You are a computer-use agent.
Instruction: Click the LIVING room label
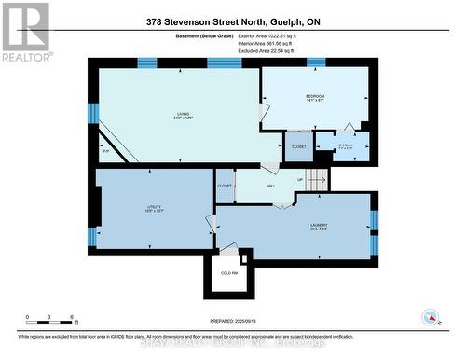coord(183,115)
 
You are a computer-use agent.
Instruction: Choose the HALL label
coord(270,187)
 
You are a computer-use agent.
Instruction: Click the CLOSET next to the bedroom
coord(299,147)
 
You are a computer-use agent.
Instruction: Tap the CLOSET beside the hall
coord(225,186)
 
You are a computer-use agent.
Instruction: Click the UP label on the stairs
coord(300,180)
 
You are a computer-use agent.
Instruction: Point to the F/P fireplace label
coord(106,150)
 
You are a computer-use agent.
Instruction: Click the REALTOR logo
coord(23,32)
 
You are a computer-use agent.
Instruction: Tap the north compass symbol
coord(431,317)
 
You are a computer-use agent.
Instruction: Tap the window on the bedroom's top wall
coord(316,62)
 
